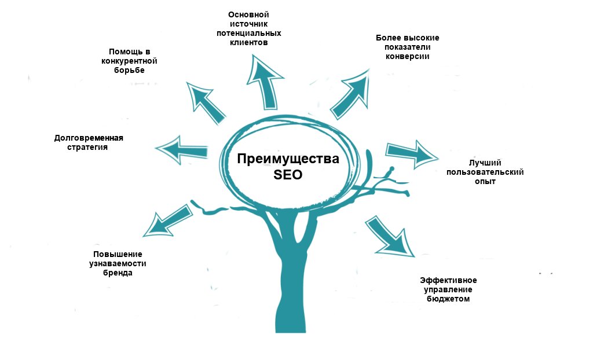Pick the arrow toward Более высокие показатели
(x=351, y=93)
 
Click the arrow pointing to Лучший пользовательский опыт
(x=411, y=152)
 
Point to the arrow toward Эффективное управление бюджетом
(x=389, y=237)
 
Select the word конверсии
(x=407, y=57)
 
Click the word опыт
(x=484, y=182)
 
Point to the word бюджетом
(x=448, y=299)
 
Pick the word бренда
(x=118, y=273)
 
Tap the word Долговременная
(x=89, y=138)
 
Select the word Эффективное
(x=449, y=280)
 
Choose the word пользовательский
(x=484, y=172)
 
